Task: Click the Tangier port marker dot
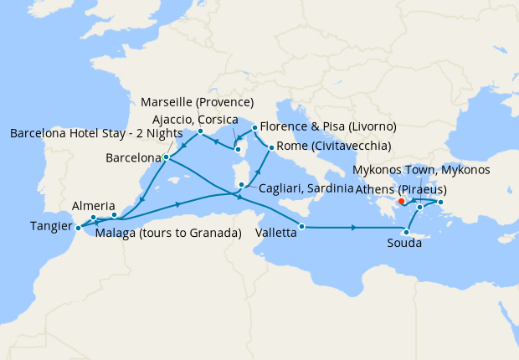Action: click(77, 227)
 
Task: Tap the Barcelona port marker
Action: click(167, 157)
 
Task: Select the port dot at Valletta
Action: click(302, 227)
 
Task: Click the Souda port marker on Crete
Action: click(407, 232)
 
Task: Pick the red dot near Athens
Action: click(402, 201)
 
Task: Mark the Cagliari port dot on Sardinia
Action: click(242, 186)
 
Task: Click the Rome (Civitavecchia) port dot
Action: click(270, 148)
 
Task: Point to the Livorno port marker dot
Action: click(254, 128)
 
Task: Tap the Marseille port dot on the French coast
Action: click(200, 131)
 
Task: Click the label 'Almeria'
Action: click(89, 205)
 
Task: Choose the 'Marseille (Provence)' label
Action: click(197, 103)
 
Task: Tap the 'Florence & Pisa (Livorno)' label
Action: click(328, 127)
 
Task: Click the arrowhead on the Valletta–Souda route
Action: click(356, 228)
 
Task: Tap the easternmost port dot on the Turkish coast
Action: click(440, 201)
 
